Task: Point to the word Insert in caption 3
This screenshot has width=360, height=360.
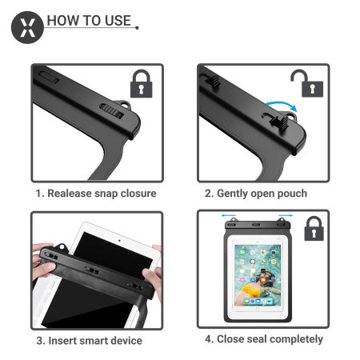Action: point(64,341)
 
